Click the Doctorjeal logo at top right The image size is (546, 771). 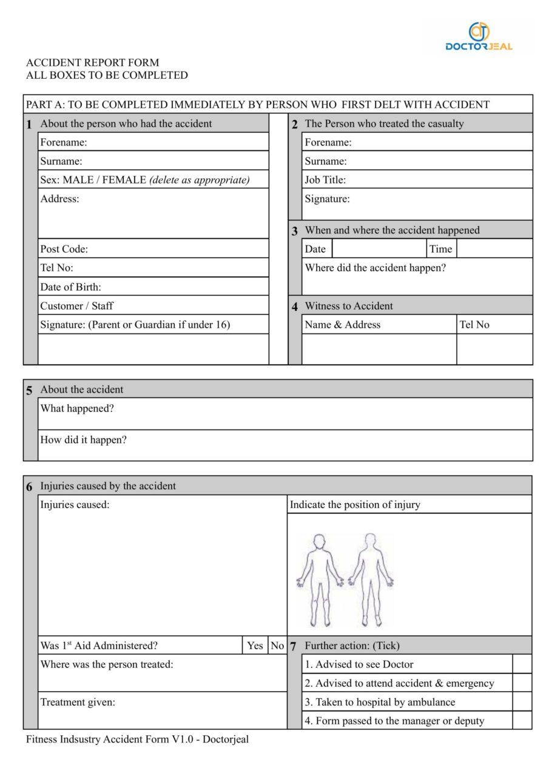pos(479,36)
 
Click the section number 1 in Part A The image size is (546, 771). pos(30,125)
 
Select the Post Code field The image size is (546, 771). pos(153,249)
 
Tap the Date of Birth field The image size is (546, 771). pos(153,287)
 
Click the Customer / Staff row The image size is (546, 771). pos(153,305)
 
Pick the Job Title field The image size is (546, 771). pos(417,179)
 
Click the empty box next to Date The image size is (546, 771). pos(379,249)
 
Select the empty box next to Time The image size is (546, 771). pos(494,249)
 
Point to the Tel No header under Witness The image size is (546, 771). pos(474,324)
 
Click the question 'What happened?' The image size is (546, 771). pos(77,409)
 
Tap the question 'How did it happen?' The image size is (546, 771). pos(84,440)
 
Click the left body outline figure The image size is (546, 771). pos(319,579)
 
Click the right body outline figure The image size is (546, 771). pos(371,579)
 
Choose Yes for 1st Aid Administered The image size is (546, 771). pos(255,646)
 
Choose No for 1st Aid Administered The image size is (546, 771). pos(277,646)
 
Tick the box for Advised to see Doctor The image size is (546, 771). pos(522,664)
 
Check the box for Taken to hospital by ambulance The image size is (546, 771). pos(522,702)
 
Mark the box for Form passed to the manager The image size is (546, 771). pos(522,721)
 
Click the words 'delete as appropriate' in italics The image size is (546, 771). pos(200,180)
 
